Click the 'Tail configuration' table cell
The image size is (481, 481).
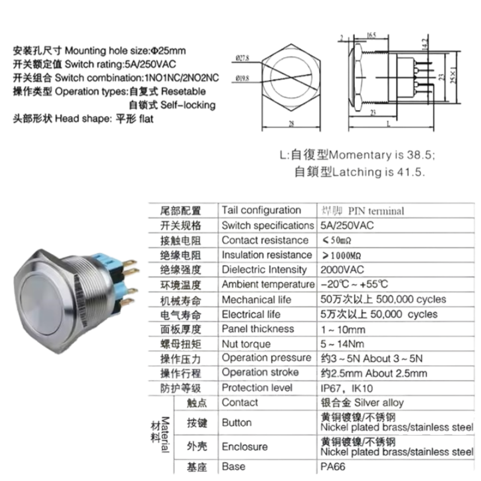coord(262,210)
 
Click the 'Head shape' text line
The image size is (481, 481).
coord(84,120)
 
